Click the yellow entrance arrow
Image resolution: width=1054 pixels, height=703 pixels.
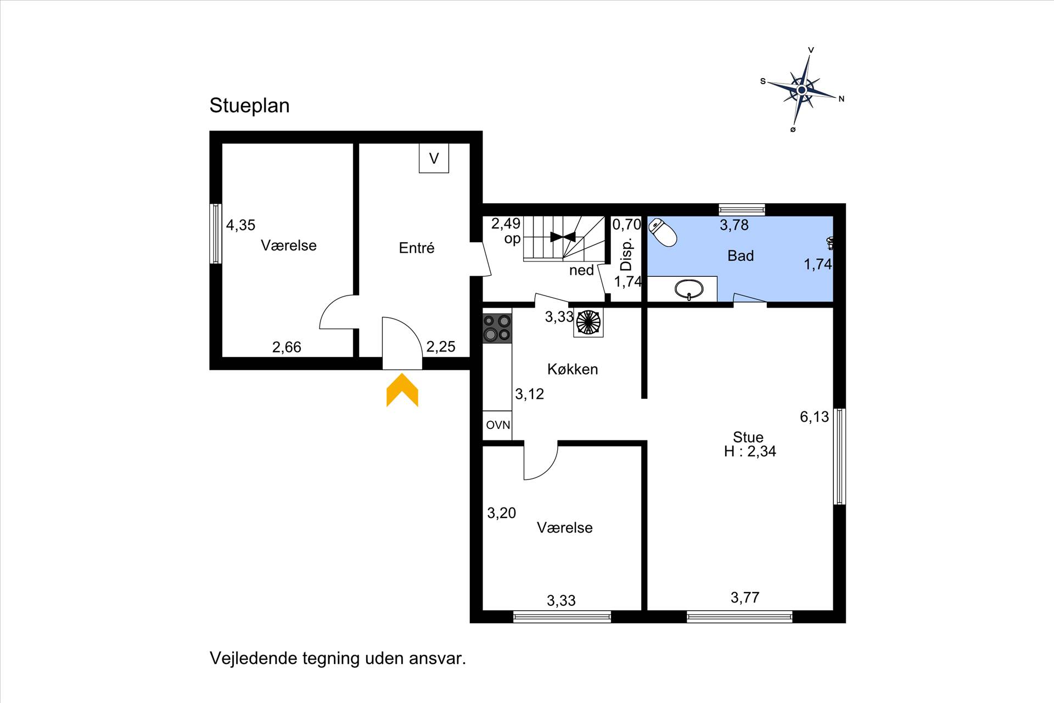(x=402, y=390)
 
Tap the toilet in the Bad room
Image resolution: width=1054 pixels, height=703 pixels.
(x=663, y=232)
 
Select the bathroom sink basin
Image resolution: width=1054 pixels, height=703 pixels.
(x=689, y=289)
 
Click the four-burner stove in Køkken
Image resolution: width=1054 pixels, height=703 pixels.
(x=497, y=328)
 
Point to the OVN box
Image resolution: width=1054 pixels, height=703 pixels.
(x=498, y=425)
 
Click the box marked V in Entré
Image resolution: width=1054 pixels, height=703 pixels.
(x=434, y=158)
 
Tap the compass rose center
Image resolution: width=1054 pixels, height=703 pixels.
(x=801, y=90)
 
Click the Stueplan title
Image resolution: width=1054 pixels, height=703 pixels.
(x=249, y=105)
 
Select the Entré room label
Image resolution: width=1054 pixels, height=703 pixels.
(x=417, y=248)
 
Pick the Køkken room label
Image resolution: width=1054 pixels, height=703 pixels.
(x=573, y=369)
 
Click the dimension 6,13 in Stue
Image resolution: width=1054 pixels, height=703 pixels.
(x=814, y=417)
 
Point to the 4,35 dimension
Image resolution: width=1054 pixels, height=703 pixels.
(x=240, y=225)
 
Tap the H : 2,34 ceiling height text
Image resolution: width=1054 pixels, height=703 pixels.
(x=750, y=451)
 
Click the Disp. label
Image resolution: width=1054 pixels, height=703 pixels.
(x=626, y=254)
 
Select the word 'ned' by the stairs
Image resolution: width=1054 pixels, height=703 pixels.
(x=581, y=270)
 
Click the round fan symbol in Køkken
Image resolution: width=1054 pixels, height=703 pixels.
(x=588, y=322)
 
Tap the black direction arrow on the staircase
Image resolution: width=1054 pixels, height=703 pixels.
(x=563, y=237)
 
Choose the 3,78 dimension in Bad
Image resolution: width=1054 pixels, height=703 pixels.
(x=734, y=225)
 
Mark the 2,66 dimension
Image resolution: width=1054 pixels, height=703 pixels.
(x=287, y=347)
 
